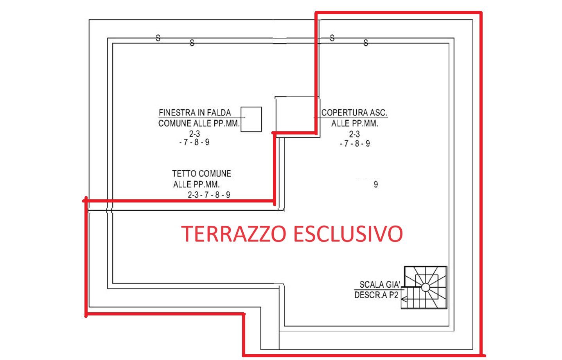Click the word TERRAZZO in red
[233, 234]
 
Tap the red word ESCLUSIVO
[348, 234]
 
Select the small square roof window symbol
[251, 119]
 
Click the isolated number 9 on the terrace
[375, 184]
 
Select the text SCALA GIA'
[380, 285]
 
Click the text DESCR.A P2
[376, 295]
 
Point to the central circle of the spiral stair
[426, 287]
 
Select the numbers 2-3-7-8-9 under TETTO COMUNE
[209, 195]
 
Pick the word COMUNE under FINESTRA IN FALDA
[175, 124]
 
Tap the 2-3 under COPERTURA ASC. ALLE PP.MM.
[354, 134]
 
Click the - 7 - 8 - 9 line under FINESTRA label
[194, 142]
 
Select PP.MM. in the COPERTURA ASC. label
[365, 124]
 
